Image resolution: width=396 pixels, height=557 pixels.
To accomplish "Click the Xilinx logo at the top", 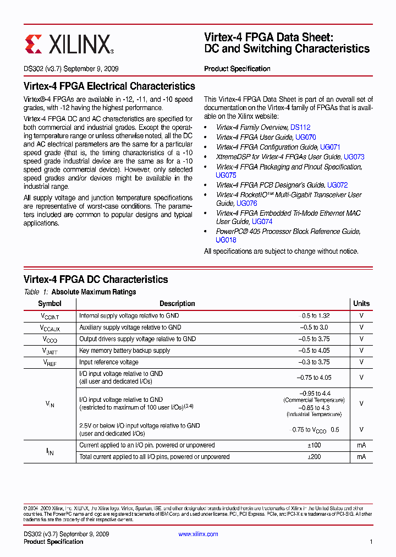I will click(69, 44).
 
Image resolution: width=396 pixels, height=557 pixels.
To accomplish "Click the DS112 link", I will click(300, 127).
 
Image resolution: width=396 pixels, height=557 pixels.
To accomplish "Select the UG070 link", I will click(305, 137).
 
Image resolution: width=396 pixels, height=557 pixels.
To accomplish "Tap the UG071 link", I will click(330, 147).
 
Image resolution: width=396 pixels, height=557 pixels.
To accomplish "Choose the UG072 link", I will click(337, 185).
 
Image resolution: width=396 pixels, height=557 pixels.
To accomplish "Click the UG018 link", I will click(226, 240).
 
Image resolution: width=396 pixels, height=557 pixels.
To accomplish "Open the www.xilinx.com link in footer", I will click(199, 534).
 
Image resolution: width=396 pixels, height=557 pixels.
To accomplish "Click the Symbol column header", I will click(50, 304).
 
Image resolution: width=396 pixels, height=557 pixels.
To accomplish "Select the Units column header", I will click(361, 304).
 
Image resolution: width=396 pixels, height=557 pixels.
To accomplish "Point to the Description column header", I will click(177, 304).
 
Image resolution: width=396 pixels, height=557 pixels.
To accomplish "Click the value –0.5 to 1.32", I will click(314, 316).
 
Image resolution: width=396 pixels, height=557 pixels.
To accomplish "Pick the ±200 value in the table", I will click(314, 457).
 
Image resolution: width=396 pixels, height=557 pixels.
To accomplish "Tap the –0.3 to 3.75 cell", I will click(314, 362).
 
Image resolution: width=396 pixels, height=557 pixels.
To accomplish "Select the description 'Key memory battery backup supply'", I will click(125, 351).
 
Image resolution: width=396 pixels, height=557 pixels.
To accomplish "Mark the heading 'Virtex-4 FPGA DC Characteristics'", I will click(96, 280).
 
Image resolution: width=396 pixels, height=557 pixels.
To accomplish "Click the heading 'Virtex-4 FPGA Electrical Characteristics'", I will click(109, 86).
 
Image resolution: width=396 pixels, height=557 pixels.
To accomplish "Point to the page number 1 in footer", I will click(371, 542).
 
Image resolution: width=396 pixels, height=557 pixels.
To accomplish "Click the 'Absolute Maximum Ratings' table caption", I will click(94, 292).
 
